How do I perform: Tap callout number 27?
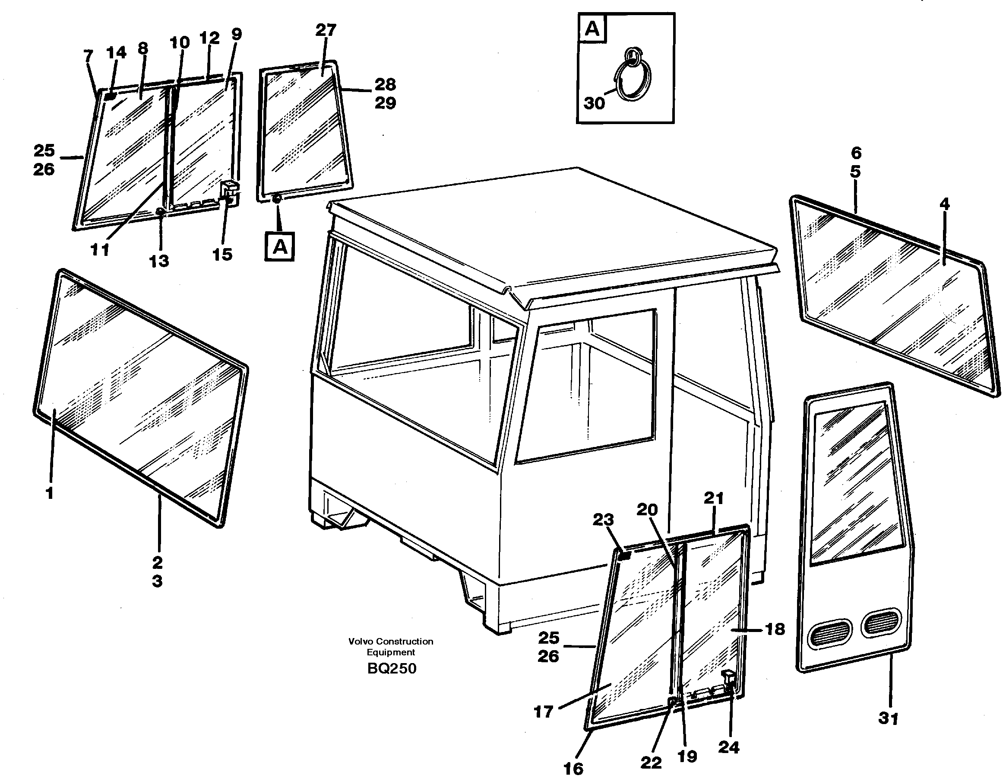coord(326,30)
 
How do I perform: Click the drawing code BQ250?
coord(392,668)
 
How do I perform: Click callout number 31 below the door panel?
coord(888,718)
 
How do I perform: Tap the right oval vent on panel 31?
coord(881,622)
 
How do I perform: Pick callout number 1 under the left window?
coord(49,493)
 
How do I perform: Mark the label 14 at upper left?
coord(116,53)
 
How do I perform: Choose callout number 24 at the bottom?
coord(729,747)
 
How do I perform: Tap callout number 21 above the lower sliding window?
coord(714,498)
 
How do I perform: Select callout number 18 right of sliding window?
coord(775,629)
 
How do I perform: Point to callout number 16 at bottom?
coord(573,769)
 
